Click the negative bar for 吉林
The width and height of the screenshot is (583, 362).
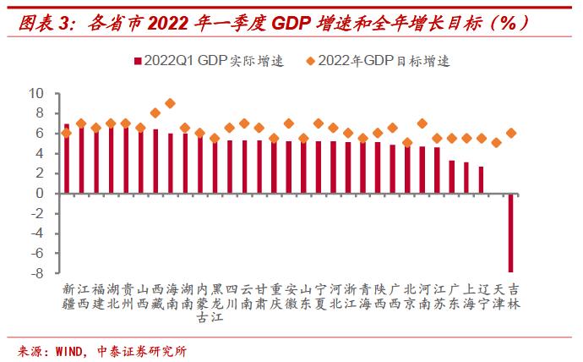[511, 232]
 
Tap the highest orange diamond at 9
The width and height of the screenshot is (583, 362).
[171, 103]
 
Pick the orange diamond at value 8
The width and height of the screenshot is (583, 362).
[155, 112]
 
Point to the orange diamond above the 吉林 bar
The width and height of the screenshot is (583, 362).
[511, 133]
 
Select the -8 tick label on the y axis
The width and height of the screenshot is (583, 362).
[35, 272]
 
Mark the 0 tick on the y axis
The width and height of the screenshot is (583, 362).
[39, 193]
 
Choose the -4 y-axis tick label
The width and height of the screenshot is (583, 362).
[35, 233]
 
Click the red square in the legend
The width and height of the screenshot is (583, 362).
[135, 61]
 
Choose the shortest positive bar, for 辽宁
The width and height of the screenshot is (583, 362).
[482, 179]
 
